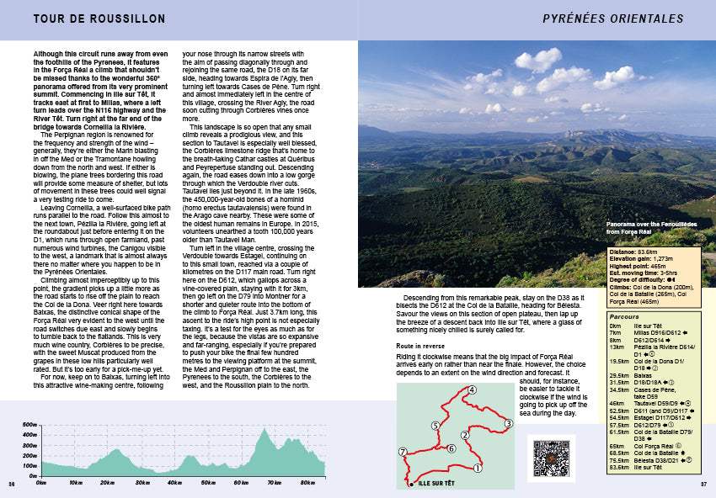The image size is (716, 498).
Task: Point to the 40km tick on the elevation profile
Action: (174, 483)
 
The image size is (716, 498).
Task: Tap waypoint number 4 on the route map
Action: (472, 389)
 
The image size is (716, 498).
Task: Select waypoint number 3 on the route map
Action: (509, 423)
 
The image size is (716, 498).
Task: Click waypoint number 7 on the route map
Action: (403, 453)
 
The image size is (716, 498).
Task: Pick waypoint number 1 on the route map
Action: (478, 468)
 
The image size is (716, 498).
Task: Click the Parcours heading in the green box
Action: (625, 317)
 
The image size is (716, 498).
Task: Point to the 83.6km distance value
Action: (647, 250)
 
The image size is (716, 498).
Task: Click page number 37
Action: (703, 484)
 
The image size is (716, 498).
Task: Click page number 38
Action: (12, 484)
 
